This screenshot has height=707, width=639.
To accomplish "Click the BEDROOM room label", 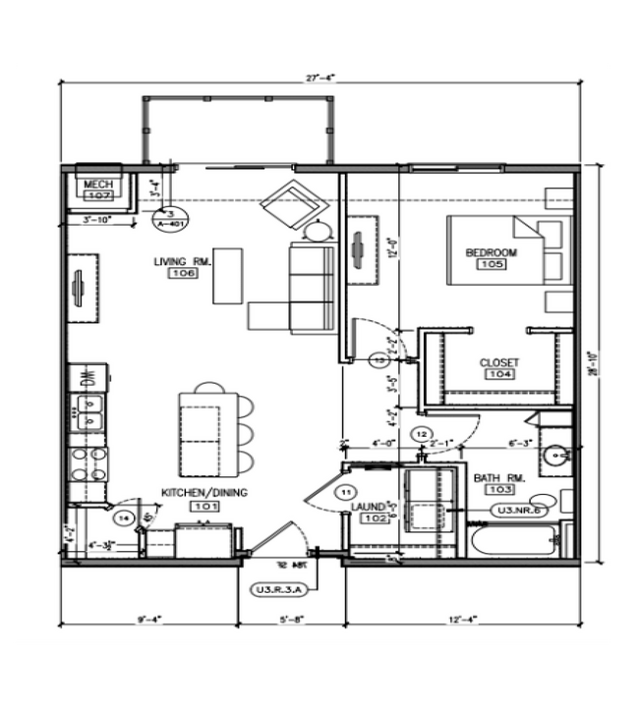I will (491, 252).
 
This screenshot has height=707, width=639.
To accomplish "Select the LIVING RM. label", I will (182, 261).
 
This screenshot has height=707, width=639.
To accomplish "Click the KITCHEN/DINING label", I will (204, 492).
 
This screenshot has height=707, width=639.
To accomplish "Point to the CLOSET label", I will (498, 362).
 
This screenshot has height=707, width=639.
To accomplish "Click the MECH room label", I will (96, 185).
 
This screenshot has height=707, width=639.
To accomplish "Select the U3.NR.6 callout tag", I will (520, 511).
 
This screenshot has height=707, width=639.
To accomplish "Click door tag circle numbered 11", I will (345, 490).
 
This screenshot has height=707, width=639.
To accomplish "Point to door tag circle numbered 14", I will (125, 517).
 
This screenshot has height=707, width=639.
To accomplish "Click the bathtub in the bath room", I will (512, 542).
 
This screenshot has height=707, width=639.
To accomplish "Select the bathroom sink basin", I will (555, 455).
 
